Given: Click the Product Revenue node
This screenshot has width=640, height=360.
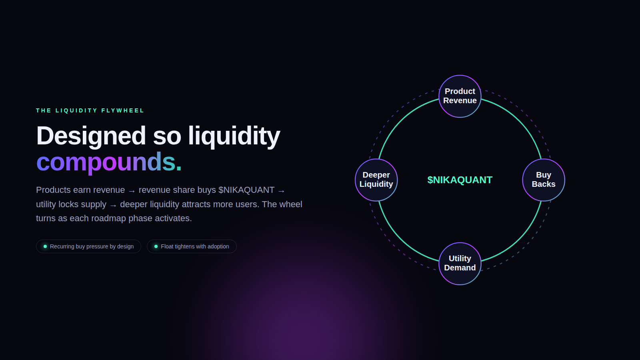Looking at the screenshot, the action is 460,96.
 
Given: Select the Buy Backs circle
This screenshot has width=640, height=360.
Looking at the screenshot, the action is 544,180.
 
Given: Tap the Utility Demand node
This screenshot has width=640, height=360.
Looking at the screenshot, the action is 460,264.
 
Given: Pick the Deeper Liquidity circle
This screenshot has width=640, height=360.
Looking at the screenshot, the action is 376,180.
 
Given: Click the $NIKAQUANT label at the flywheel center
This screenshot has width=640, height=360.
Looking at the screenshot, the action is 460,180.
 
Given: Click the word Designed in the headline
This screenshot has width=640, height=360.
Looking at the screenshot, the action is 91,136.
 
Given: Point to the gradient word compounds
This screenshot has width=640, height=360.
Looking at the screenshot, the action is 108,162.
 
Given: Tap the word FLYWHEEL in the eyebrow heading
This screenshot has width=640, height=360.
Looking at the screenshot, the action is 122,110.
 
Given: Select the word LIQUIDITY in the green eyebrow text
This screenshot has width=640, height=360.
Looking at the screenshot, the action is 76,110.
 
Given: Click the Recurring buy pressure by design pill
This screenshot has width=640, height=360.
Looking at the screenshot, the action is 88,246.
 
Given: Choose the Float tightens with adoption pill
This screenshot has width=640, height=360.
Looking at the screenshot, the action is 192,246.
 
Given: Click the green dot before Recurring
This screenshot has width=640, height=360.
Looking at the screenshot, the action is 45,246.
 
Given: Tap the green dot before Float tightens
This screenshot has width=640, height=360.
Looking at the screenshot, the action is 156,246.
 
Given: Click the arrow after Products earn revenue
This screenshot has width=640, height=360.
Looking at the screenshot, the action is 132,191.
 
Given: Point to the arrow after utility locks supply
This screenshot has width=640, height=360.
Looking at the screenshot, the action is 113,205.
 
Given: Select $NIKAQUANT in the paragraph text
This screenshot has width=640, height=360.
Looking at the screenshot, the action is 246,190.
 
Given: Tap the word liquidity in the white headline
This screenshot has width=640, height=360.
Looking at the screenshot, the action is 234,136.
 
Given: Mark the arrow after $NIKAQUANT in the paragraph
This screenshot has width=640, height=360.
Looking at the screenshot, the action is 282,191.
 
